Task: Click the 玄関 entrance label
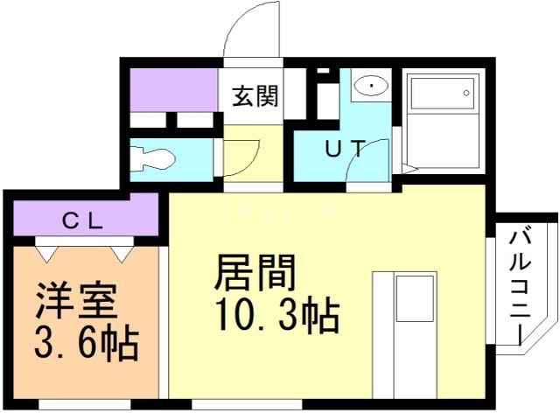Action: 255,95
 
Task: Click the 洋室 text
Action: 76,303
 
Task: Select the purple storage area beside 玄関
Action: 173,89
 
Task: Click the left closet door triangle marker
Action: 47,252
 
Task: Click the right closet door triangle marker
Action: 121,252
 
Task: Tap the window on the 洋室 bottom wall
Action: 84,404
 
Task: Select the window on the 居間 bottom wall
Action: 247,404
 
